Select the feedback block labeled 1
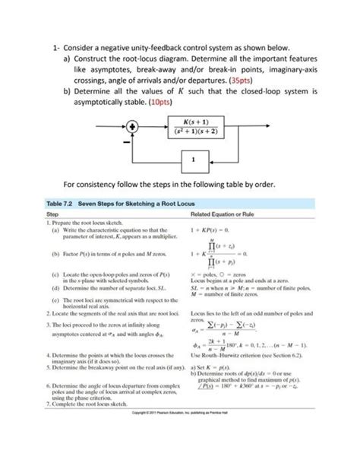(195, 159)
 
